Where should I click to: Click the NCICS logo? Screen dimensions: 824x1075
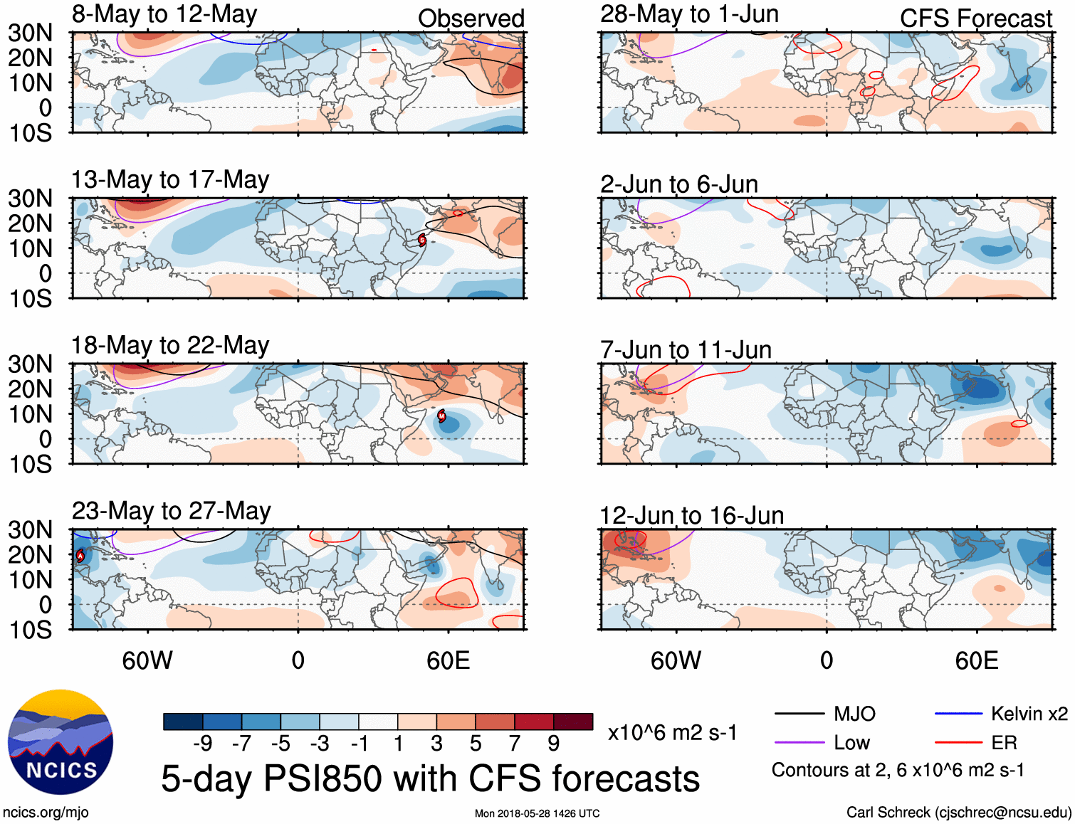(x=61, y=742)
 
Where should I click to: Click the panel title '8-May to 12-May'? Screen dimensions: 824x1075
(x=164, y=14)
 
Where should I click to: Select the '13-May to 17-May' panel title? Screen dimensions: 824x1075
(x=170, y=179)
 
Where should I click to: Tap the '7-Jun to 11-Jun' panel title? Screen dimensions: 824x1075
(x=686, y=349)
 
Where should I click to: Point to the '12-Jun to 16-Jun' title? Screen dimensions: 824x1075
(x=691, y=515)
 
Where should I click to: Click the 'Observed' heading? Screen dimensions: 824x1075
(x=471, y=19)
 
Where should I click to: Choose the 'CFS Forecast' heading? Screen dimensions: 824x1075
(x=975, y=19)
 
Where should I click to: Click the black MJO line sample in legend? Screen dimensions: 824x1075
(x=799, y=714)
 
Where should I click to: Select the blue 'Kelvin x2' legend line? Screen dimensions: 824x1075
(x=958, y=714)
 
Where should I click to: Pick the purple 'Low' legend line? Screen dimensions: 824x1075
(x=799, y=743)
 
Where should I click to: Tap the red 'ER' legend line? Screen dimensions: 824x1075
(x=958, y=743)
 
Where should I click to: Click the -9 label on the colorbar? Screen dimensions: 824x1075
(x=202, y=744)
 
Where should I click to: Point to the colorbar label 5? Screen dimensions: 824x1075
(x=476, y=744)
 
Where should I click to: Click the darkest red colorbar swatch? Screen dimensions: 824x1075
(x=573, y=722)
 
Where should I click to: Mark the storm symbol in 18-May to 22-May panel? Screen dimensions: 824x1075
(x=441, y=416)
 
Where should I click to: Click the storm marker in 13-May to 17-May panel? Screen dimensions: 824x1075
(x=422, y=240)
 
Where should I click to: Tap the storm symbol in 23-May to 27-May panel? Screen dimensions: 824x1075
(x=80, y=556)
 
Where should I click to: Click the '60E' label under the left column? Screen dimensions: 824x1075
(x=448, y=660)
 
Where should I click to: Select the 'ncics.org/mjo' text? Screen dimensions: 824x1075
(x=46, y=812)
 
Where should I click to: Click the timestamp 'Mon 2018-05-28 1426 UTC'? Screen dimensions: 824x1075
(x=537, y=813)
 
